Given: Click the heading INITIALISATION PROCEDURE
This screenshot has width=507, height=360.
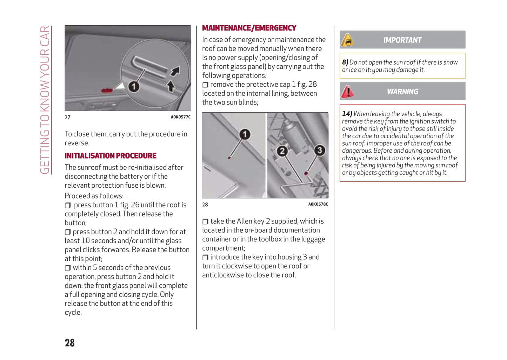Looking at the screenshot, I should pos(111,156).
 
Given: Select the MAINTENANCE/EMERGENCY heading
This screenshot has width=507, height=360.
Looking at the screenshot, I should pos(249,28).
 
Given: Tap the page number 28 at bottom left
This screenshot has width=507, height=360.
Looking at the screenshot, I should pos(69,343).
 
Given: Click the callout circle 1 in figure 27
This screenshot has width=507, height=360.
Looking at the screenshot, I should pos(133,86).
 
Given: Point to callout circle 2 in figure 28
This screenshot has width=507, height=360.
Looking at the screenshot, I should pos(282,151).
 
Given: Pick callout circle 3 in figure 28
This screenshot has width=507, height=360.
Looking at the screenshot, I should pos(319,150).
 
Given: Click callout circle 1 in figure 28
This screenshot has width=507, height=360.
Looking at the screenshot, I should pos(245,134).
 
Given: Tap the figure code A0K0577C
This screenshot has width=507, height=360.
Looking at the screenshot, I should pos(181,117).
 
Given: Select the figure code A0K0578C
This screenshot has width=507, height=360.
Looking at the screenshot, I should pos(318,204).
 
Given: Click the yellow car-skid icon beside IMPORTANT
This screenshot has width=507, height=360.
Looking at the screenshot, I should pos(347,40).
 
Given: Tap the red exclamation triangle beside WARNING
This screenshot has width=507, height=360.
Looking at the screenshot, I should pos(347,92).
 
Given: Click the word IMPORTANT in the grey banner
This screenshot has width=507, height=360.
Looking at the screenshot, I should pos(402,40).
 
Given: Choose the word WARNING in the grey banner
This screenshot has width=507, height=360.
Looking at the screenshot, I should pos(402,92).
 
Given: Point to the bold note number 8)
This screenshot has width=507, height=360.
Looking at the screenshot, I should pos(345,62).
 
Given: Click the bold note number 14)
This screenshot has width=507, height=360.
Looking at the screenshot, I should pos(347,114).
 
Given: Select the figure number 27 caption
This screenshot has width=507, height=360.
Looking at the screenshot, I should pos(67,118).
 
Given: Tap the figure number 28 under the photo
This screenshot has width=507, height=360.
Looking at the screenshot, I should pos(205,205).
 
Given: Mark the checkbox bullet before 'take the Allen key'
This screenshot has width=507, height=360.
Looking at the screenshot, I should pos(205,222).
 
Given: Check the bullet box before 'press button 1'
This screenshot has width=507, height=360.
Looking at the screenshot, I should pos(68,205).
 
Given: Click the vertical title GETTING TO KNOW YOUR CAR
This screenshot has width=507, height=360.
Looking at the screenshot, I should pos(45,100).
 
